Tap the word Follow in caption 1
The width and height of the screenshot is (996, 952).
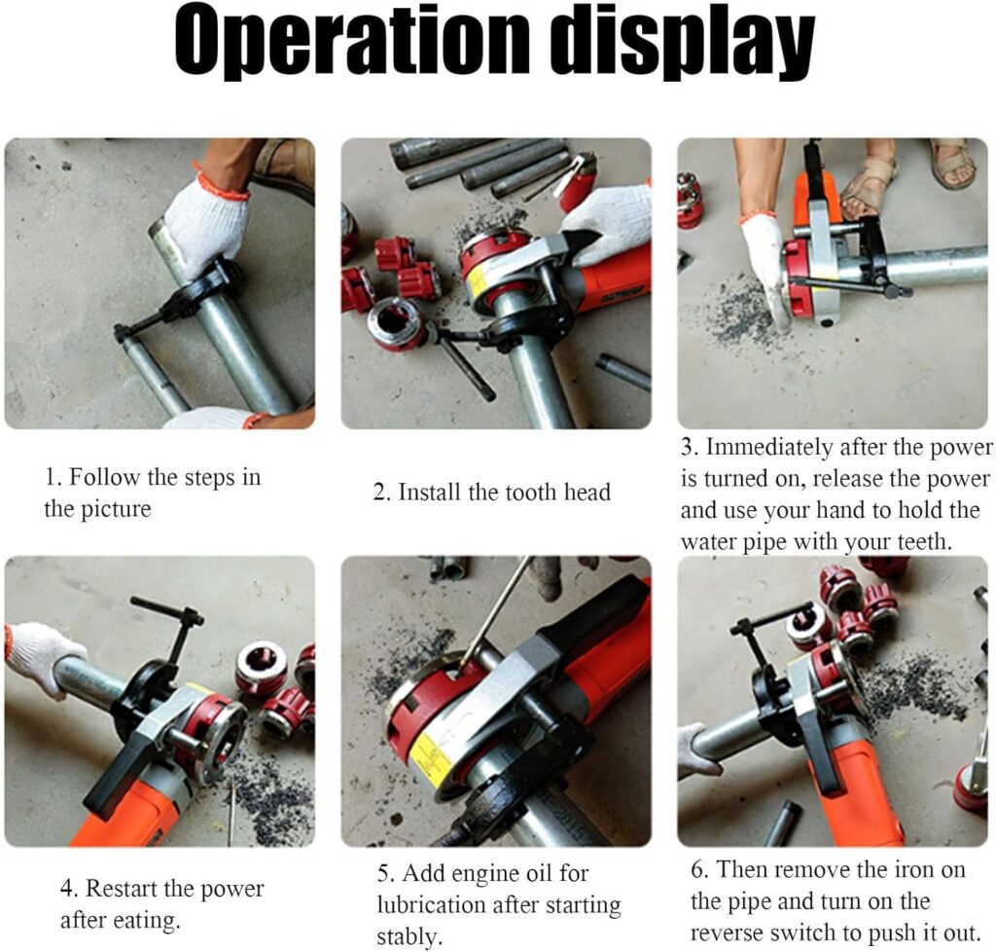[103, 477]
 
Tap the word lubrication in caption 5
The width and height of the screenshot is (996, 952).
[443, 905]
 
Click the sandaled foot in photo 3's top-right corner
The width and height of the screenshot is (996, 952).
[953, 165]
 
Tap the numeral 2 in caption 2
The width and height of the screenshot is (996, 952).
[378, 493]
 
